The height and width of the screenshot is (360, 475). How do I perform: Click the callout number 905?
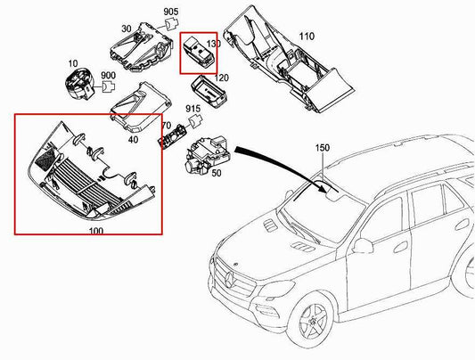point(170,12)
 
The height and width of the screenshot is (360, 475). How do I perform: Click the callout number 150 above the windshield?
point(321,147)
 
